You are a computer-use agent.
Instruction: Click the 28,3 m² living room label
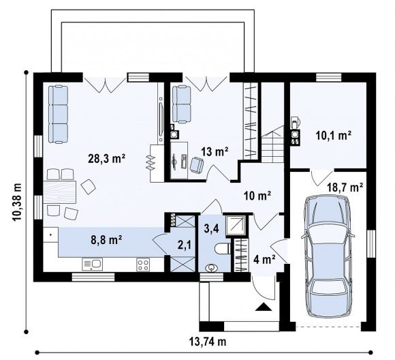click(106, 159)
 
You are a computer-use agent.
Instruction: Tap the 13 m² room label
click(215, 151)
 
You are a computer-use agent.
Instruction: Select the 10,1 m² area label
click(334, 136)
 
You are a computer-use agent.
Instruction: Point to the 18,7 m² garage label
click(345, 187)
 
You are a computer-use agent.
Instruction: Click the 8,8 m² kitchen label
click(106, 240)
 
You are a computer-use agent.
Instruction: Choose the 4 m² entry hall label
click(264, 259)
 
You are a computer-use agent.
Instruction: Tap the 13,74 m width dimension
click(207, 342)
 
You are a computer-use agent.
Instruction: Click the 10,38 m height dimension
click(17, 202)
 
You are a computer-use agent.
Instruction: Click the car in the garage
click(328, 256)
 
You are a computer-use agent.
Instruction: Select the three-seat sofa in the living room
click(58, 115)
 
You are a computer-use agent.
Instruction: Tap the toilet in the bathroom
click(223, 248)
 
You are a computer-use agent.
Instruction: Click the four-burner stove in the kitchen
click(143, 265)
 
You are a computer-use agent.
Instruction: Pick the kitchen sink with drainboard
click(92, 264)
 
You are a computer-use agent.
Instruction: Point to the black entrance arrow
click(264, 307)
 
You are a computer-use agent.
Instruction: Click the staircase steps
click(272, 147)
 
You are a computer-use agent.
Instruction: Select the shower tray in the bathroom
click(236, 225)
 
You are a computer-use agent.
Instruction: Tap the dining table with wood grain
click(59, 192)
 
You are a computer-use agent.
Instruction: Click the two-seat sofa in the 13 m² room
click(181, 104)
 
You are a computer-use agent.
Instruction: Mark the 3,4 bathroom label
click(211, 229)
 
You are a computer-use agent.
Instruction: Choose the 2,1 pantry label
click(185, 245)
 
